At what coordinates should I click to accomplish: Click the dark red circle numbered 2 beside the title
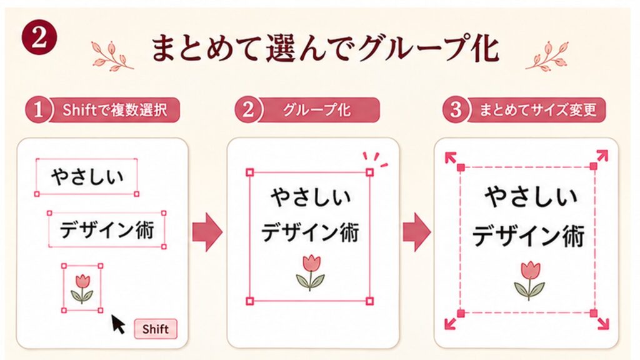[39, 39]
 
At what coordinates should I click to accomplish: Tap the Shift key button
[156, 329]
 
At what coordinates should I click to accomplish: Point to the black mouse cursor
[118, 324]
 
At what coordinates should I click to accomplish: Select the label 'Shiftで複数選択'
[115, 110]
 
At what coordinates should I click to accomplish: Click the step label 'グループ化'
[316, 110]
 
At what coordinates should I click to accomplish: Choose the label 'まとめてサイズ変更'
[537, 110]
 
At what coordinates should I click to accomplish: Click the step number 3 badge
[455, 109]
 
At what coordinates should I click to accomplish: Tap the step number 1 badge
[38, 109]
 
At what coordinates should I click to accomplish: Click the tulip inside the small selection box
[82, 289]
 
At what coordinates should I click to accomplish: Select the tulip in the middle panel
[310, 272]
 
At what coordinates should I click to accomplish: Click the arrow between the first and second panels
[207, 232]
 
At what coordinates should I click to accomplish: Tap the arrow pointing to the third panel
[417, 232]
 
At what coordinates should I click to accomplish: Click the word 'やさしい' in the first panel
[87, 177]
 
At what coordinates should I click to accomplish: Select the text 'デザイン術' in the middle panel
[310, 232]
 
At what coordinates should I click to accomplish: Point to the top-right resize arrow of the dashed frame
[602, 156]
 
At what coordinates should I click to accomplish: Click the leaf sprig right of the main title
[546, 55]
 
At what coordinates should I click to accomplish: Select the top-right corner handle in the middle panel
[369, 172]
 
